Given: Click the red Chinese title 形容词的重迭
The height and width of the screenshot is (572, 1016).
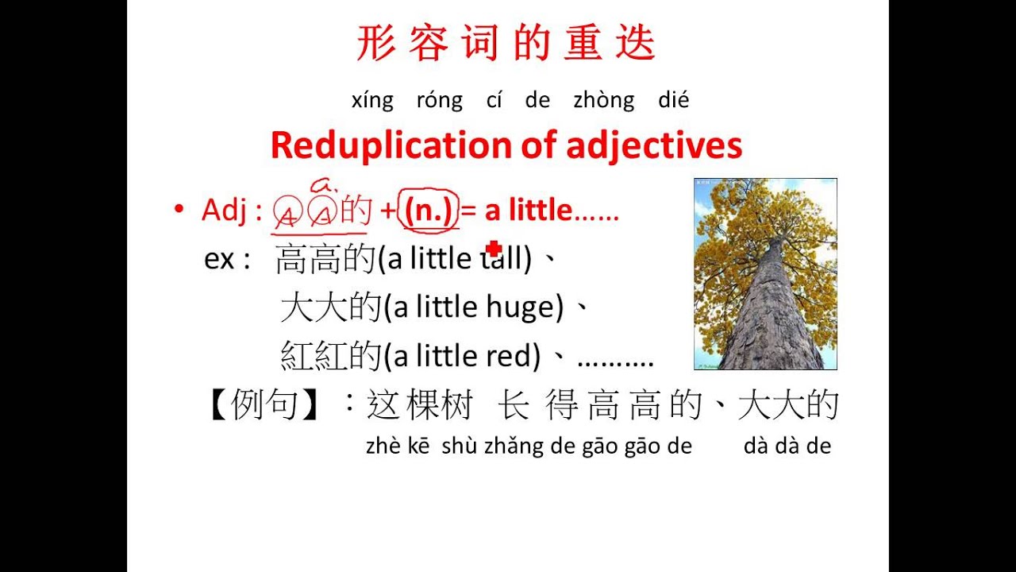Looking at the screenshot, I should coord(506,44).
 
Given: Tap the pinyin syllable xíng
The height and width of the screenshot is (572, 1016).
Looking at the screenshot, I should coord(372,101).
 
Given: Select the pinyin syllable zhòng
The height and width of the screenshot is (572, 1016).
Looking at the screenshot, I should coord(603,101).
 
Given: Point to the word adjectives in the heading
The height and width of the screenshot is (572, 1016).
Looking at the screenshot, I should coord(654,145).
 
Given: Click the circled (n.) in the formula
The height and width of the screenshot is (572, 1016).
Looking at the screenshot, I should coord(431,211).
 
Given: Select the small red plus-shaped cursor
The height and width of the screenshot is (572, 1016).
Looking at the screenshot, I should coord(494,249).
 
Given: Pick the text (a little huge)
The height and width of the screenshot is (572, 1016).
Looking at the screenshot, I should coord(473,307).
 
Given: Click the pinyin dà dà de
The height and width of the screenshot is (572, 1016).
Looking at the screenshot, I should coord(787,446).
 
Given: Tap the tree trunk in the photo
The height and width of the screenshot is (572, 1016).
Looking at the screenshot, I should coord(763,318).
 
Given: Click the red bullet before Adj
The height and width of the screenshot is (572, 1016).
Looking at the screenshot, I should coord(179,211).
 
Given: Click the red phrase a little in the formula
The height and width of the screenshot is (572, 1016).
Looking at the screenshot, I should coord(528,211).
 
